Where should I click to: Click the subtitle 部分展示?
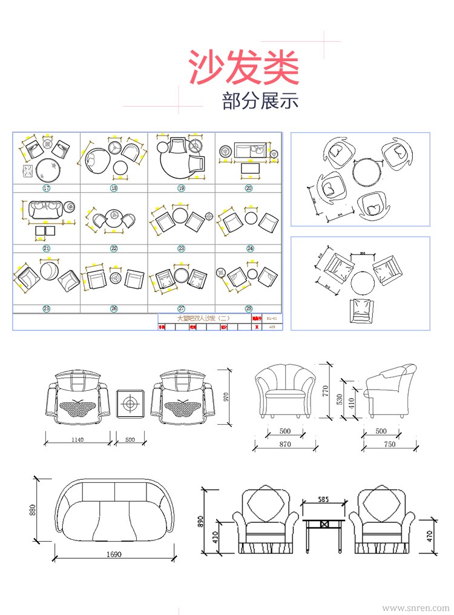(260, 101)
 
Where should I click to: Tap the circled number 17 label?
(46, 188)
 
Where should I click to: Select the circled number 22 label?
(114, 248)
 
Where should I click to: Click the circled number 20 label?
(249, 188)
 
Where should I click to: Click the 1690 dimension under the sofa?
(113, 554)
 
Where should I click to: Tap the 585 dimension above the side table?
(323, 500)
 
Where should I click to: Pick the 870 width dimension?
(285, 444)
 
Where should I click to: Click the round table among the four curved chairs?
(367, 173)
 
